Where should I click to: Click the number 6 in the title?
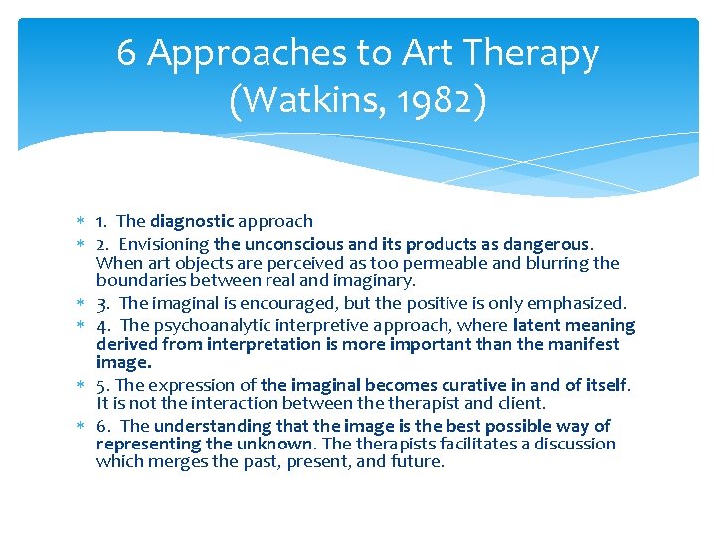click(127, 53)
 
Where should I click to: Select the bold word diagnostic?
click(192, 221)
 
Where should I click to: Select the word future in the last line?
click(420, 462)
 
